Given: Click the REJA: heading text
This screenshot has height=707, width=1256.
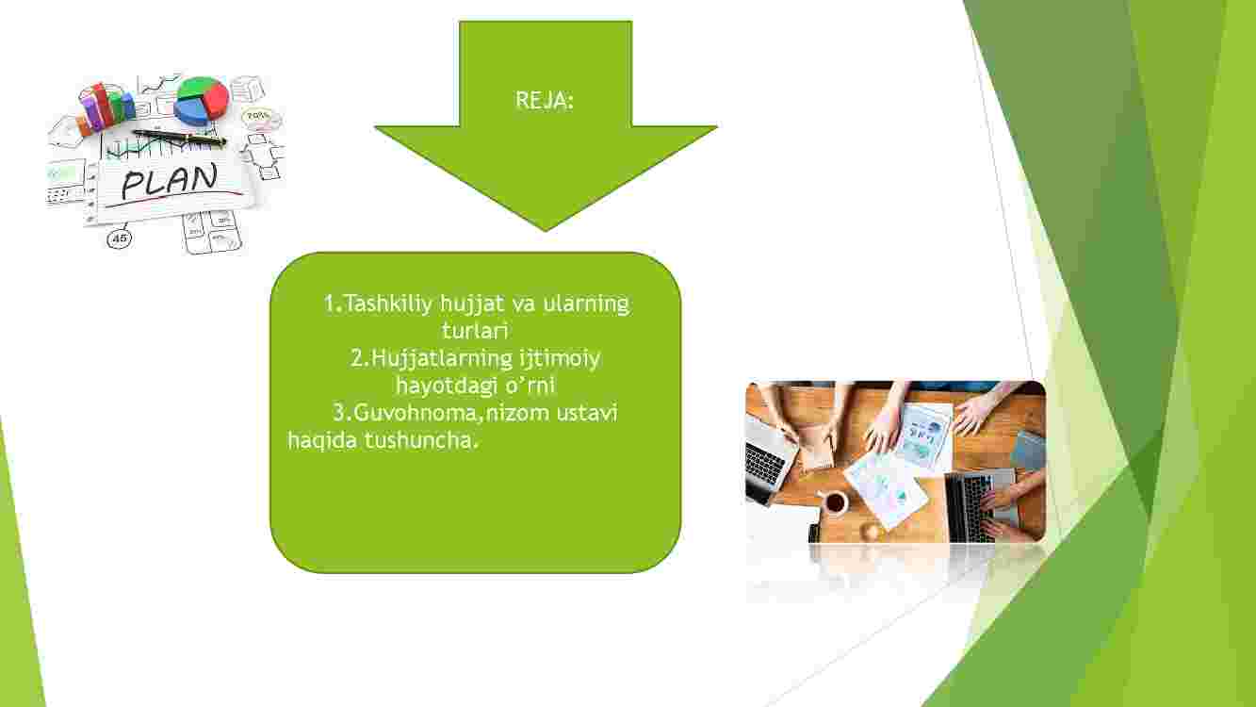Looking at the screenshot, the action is tap(545, 101).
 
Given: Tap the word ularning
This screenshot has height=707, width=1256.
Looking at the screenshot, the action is tap(586, 305).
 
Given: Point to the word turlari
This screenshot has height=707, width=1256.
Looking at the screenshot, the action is tap(475, 331).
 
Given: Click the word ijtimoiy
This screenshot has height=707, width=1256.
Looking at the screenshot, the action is tap(560, 359).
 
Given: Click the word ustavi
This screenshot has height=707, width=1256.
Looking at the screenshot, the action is tap(587, 414).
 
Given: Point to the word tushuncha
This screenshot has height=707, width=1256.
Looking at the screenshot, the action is tap(421, 440).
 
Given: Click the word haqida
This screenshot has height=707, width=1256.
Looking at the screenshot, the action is tap(322, 441).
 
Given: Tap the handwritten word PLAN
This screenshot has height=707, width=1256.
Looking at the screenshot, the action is tap(170, 181).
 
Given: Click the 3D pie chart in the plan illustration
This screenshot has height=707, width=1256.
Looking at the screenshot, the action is tap(202, 100).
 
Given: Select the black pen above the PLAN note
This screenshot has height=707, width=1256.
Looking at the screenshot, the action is tap(179, 138).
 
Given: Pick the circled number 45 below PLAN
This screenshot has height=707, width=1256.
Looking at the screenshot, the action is tap(119, 238).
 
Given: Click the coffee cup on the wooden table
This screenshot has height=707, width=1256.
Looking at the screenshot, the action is tap(834, 501).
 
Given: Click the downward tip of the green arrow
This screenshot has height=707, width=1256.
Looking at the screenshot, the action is tap(546, 231).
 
